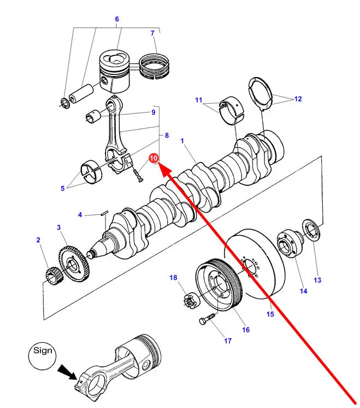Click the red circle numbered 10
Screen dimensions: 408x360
154,158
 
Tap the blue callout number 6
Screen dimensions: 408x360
116,20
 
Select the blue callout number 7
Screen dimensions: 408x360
153,33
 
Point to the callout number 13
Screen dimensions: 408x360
317,281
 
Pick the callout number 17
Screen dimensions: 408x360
227,341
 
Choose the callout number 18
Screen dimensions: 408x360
173,278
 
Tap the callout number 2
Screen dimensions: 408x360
38,240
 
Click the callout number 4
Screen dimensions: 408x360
80,215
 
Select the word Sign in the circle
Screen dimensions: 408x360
43,350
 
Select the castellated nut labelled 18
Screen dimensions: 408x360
190,300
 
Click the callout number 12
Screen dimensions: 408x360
297,99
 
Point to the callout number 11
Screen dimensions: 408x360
198,100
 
